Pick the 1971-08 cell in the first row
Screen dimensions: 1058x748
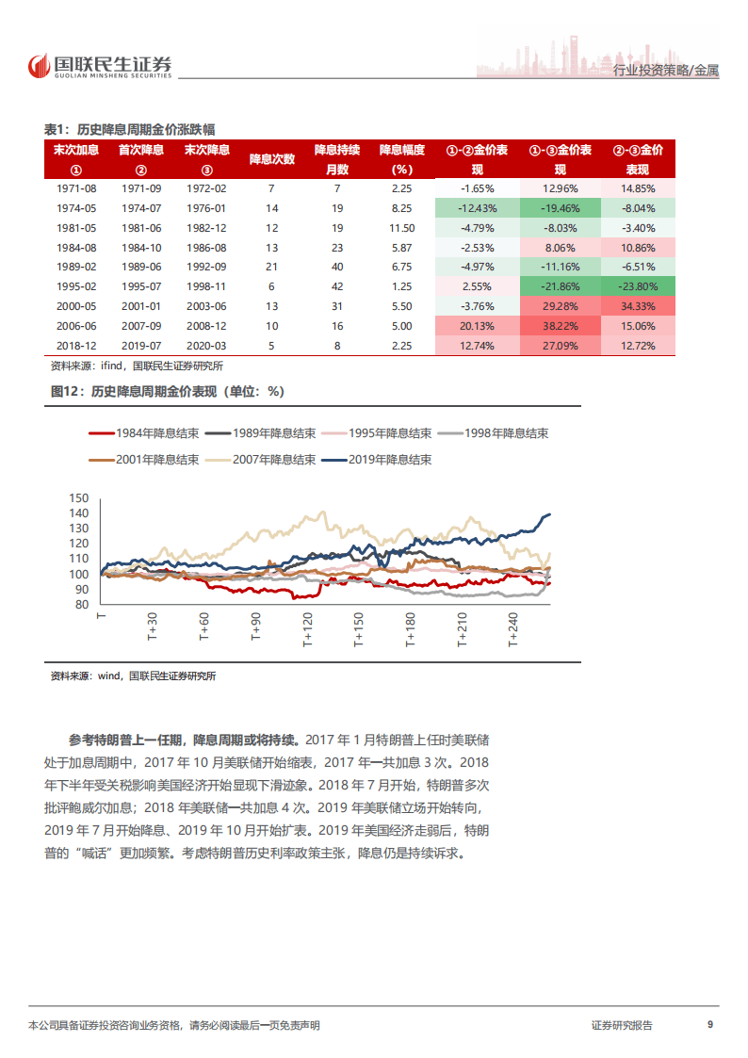[76, 188]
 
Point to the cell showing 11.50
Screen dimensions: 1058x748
[402, 228]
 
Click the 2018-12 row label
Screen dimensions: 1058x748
[76, 346]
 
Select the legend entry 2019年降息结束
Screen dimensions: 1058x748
[376, 460]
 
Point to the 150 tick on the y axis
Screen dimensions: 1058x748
[79, 498]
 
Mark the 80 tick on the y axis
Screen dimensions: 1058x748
[82, 605]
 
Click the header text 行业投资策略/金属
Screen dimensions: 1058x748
[665, 72]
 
